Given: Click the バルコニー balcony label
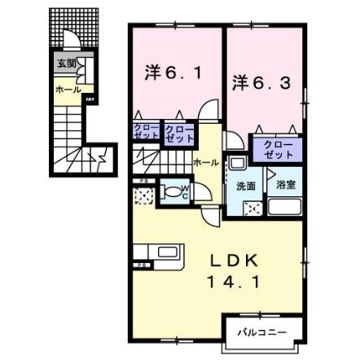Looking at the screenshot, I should (260, 331).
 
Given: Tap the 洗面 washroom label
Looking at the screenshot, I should (246, 186).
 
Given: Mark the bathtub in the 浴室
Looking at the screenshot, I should (285, 206).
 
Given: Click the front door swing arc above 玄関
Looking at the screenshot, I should (72, 45).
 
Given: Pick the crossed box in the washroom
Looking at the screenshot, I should (253, 207).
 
